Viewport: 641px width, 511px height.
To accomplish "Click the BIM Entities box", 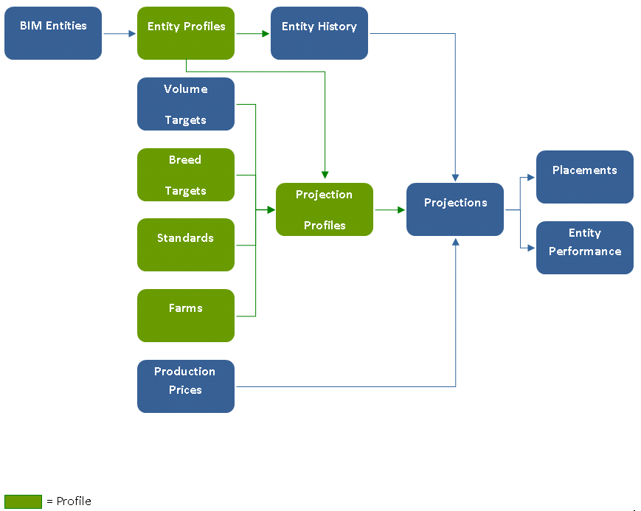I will click(x=53, y=33).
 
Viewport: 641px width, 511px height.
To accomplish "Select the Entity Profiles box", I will click(x=186, y=33).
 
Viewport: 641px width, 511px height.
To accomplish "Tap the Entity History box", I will click(x=319, y=33).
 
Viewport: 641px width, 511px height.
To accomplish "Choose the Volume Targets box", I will click(x=186, y=104).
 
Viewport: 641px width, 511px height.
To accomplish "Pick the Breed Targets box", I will click(x=186, y=175).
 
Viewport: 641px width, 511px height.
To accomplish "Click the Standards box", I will click(x=186, y=245).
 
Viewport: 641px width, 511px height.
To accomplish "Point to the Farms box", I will click(x=186, y=316).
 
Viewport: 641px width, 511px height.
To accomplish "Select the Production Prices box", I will click(x=186, y=386).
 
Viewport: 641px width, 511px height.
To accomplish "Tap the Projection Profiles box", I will click(x=325, y=209).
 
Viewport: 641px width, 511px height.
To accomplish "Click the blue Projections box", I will click(x=455, y=209).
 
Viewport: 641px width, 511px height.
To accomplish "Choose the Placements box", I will click(x=585, y=177).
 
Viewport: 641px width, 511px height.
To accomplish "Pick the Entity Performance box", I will click(x=585, y=248).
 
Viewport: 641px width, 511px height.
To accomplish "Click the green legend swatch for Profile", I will click(x=23, y=501).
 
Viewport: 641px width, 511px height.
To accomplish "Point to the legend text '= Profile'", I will click(x=69, y=501).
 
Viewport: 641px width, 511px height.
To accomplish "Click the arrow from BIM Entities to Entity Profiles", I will click(x=119, y=33).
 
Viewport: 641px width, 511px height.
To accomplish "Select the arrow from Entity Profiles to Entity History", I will click(x=252, y=33).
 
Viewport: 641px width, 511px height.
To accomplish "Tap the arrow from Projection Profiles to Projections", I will click(x=389, y=210).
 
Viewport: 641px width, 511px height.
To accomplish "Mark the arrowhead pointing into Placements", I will click(x=532, y=177).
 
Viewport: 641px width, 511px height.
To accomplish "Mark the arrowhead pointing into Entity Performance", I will click(x=532, y=248).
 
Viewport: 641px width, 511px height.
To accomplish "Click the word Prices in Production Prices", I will click(x=185, y=390).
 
